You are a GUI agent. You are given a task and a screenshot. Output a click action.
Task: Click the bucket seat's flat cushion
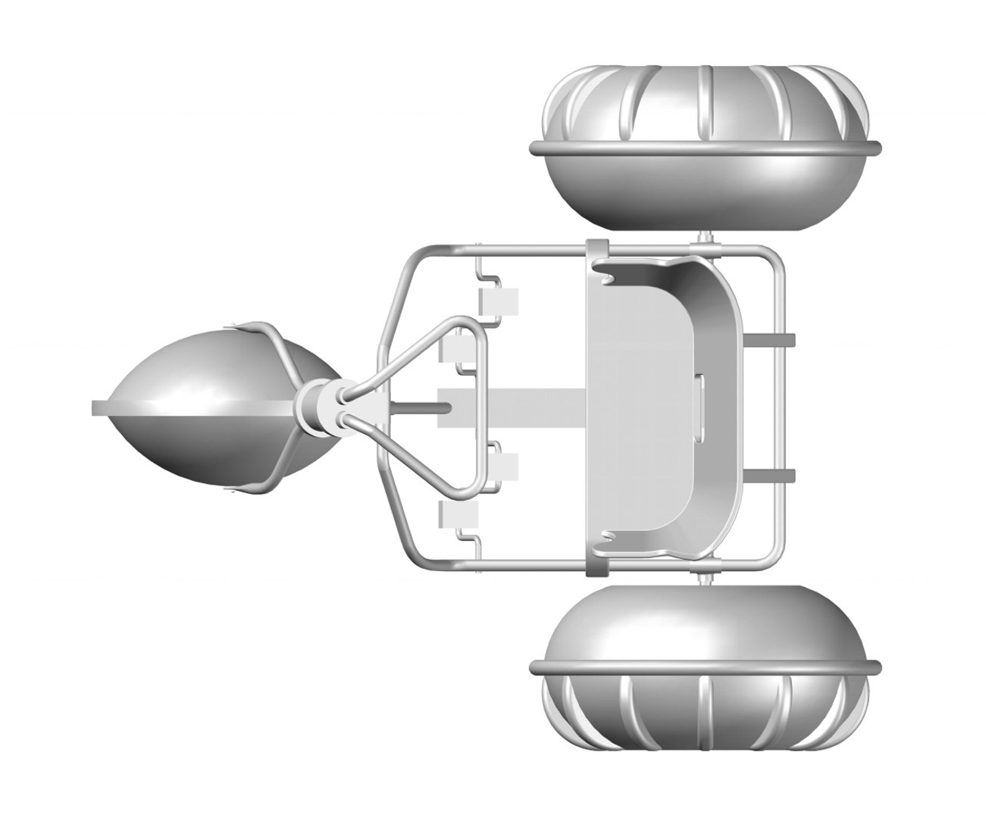pos(637,409)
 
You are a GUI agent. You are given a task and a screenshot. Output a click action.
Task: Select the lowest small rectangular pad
pos(459,515)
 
